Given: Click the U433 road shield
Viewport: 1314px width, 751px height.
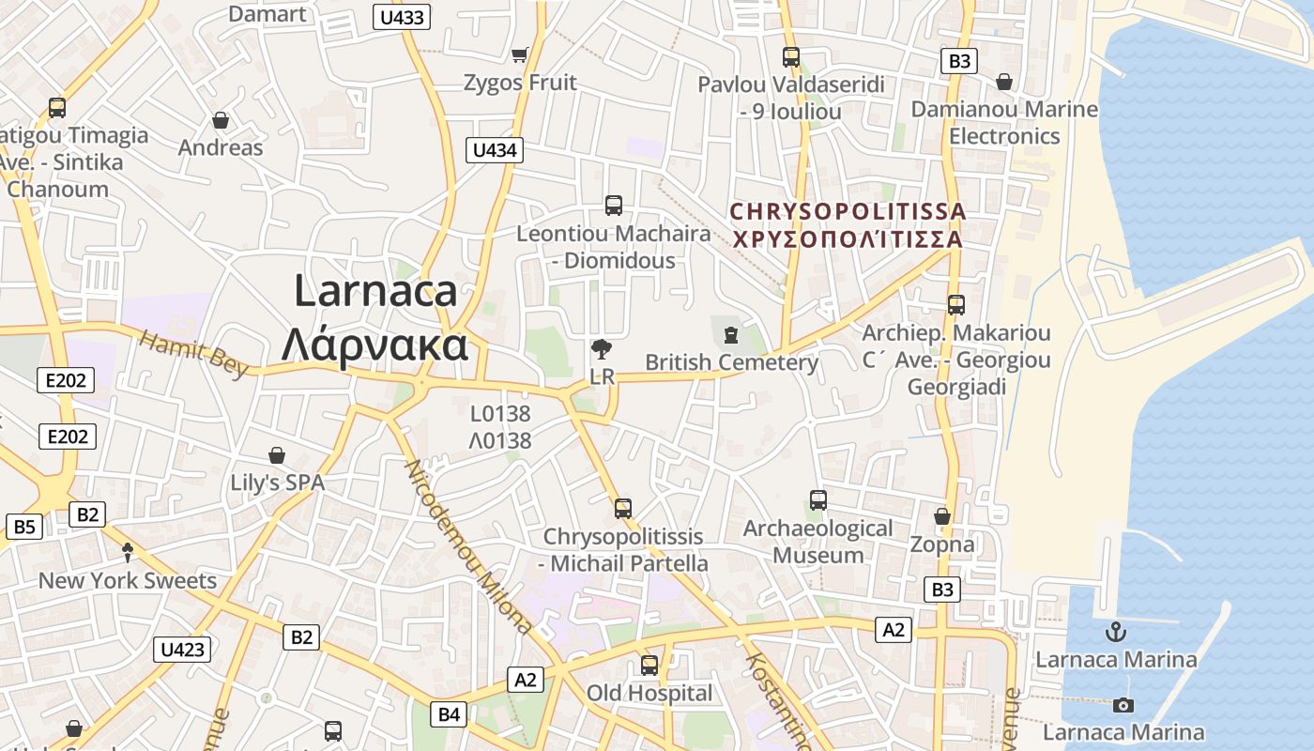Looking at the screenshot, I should tap(402, 16).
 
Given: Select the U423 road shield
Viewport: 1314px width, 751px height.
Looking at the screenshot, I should tap(182, 650).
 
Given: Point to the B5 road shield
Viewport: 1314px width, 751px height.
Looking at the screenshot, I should tap(23, 527).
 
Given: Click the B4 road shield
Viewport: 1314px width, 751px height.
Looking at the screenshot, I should tap(450, 714).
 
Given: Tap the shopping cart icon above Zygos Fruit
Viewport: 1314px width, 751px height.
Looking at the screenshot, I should tap(519, 55).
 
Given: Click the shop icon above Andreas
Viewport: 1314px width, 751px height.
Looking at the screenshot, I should tap(221, 120).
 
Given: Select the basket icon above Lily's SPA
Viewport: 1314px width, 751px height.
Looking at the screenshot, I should tap(277, 455).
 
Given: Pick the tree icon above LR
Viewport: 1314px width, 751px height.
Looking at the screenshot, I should tap(602, 350).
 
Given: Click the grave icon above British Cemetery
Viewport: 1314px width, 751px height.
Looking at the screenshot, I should tap(731, 334).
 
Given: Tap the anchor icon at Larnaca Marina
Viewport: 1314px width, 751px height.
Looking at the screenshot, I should tap(1116, 631).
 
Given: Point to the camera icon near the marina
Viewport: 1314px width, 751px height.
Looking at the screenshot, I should tap(1123, 705).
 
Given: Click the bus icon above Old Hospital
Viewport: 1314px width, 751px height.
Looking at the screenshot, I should tap(649, 666).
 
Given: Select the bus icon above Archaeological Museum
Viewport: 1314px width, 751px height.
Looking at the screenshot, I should tap(817, 500).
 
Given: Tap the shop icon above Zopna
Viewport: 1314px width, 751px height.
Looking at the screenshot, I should tap(942, 516).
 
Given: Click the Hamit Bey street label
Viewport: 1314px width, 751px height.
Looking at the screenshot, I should tap(195, 354).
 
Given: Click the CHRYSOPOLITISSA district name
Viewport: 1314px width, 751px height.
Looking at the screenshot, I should tap(848, 211).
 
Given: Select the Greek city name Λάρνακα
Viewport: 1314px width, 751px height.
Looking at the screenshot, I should tap(374, 345).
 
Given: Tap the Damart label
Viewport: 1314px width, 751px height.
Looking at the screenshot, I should tap(267, 13).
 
